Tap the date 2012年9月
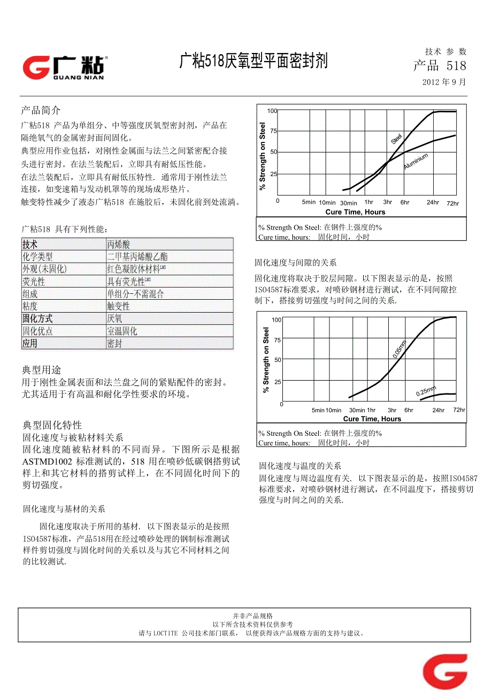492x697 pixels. [444, 82]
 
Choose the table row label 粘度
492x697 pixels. [30, 306]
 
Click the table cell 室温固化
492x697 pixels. [122, 331]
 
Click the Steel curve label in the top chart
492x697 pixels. [396, 139]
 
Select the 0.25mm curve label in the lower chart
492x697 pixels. [426, 391]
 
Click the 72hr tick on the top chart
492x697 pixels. [452, 203]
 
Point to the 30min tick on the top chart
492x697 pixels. [348, 203]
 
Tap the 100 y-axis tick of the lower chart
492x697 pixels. [276, 320]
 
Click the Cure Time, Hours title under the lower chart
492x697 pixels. [372, 419]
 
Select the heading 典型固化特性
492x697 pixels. [52, 425]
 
